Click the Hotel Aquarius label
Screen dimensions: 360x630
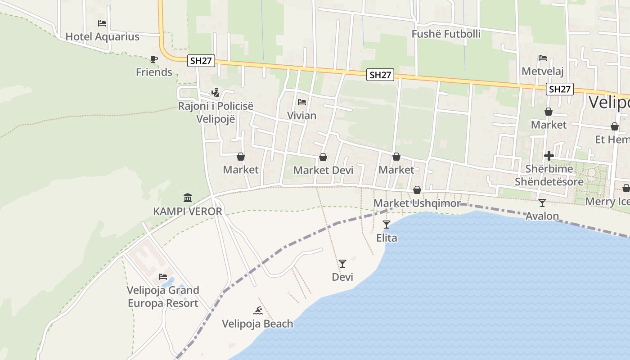tap(103, 36)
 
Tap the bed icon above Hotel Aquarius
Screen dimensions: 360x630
tap(102, 23)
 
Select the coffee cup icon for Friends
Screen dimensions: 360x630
tap(154, 59)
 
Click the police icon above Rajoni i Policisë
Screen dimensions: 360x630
tap(216, 93)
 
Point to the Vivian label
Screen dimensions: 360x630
tap(301, 116)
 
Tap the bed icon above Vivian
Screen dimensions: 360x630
tap(301, 102)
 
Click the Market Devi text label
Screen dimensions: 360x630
tap(323, 170)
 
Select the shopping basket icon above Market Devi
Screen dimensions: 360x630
tap(323, 157)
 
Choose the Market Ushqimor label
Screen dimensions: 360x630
tap(417, 203)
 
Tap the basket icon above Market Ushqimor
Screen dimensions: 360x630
tap(417, 190)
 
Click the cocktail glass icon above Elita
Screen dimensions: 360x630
tap(387, 224)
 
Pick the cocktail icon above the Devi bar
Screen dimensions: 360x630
tap(342, 263)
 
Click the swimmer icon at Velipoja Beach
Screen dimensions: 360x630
tap(257, 310)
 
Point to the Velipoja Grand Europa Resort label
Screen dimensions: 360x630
tap(163, 297)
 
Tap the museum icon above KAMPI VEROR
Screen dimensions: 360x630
tap(188, 198)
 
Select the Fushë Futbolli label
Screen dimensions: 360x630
tap(446, 34)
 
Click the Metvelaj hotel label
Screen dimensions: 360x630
tap(542, 71)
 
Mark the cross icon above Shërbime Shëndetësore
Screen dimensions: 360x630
tap(549, 156)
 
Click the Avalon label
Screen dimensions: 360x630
tap(542, 216)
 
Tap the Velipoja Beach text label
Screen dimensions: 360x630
tap(257, 324)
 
